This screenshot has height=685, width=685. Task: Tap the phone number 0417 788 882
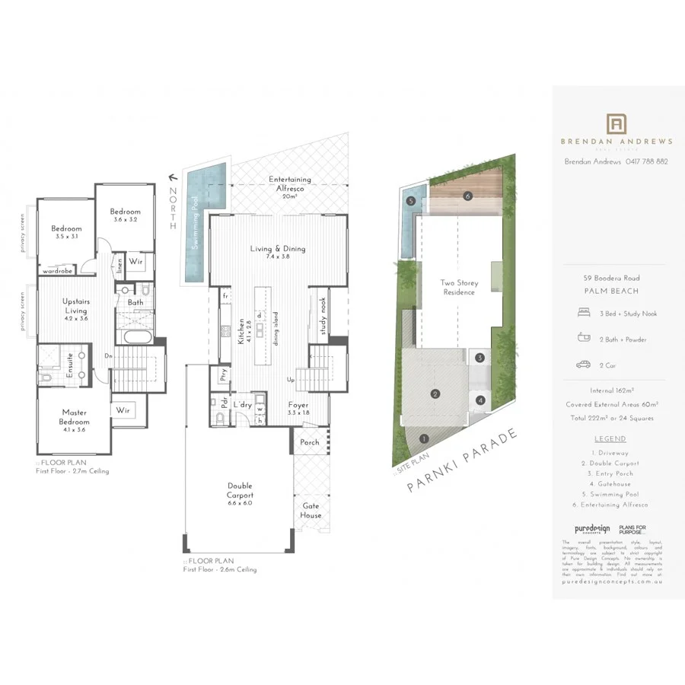[646, 161]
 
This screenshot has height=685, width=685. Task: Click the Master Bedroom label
[75, 417]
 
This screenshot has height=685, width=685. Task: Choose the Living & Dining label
[278, 252]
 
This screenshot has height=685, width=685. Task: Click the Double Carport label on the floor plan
[240, 490]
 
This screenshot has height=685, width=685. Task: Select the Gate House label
[311, 510]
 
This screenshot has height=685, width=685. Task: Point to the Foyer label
[298, 409]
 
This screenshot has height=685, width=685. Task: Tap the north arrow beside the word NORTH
[172, 177]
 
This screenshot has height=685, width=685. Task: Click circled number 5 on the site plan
[410, 201]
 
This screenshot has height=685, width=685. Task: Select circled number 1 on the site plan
[424, 438]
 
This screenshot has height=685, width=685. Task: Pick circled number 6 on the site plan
[468, 196]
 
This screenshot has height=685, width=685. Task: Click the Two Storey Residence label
[458, 288]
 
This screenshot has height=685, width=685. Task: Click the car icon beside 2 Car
[583, 365]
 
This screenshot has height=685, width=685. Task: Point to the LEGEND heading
[610, 438]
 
